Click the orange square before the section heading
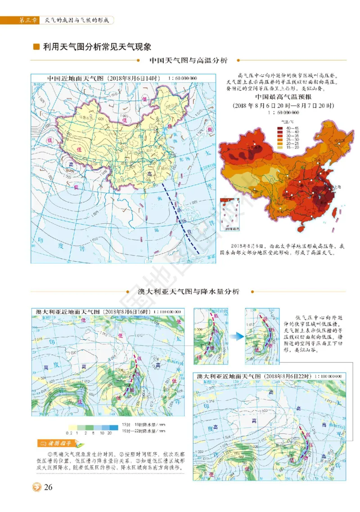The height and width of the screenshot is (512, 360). (36, 46)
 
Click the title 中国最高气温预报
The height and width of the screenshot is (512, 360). (283, 97)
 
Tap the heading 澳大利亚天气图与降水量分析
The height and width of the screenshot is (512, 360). (188, 292)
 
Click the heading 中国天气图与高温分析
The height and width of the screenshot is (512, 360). (188, 60)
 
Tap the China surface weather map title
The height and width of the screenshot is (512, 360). (122, 78)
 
